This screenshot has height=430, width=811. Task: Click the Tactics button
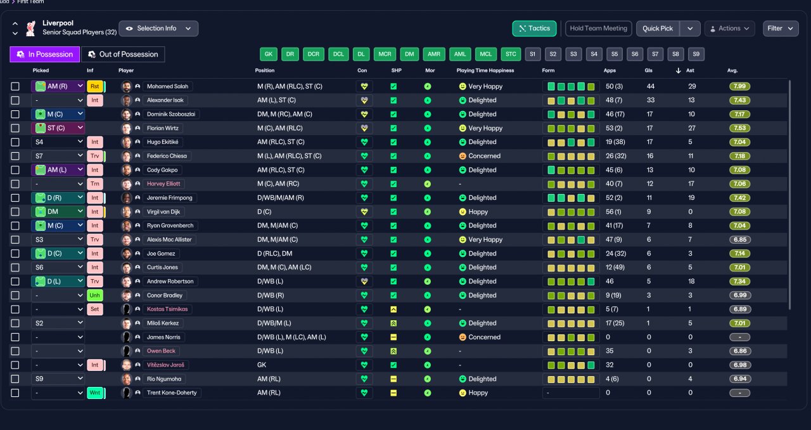coord(534,29)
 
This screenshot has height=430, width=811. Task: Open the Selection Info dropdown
coord(158,29)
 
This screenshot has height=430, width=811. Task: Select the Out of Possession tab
coord(123,55)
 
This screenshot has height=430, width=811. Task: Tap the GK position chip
coord(268,54)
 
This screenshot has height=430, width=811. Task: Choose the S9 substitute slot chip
coord(696,54)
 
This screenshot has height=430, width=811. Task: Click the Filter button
coord(781,29)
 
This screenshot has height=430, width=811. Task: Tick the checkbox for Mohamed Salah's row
coord(15,86)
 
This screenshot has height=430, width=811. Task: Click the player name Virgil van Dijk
coord(163,212)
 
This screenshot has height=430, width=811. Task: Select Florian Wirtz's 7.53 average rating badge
coord(739,128)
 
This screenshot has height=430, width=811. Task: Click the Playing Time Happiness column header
coord(485,70)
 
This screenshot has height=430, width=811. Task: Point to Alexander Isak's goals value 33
coord(651,100)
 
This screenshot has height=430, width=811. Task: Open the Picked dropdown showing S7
coord(58,156)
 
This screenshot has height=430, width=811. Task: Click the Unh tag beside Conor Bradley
coord(95,295)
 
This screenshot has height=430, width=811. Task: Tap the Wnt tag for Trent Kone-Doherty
coord(95,393)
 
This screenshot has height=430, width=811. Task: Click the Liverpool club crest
coord(31,29)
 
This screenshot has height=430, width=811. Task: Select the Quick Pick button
coord(658,29)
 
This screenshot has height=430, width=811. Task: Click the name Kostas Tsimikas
coord(167,309)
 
